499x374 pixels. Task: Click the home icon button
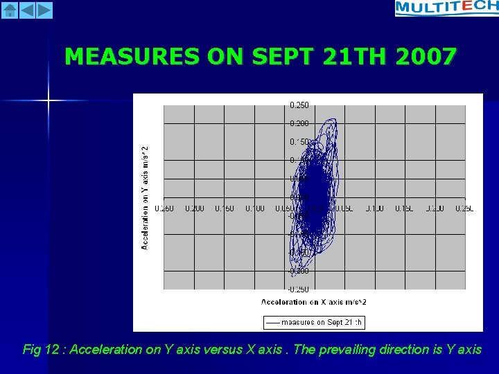[9, 10]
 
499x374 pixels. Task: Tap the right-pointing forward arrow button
[44, 10]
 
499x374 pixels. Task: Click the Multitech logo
[446, 8]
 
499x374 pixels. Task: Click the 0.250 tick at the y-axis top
[299, 105]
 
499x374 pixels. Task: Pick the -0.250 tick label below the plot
[299, 290]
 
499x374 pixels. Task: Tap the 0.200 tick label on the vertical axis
[299, 123]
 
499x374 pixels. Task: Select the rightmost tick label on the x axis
[464, 208]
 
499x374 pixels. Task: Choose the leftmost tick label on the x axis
[164, 208]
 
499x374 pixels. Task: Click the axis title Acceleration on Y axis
[145, 197]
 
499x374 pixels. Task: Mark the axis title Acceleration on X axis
[313, 302]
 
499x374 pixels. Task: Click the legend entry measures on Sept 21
[322, 322]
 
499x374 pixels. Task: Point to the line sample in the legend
[273, 322]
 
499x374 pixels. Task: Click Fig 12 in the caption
[41, 350]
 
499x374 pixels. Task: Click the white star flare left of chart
[49, 101]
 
